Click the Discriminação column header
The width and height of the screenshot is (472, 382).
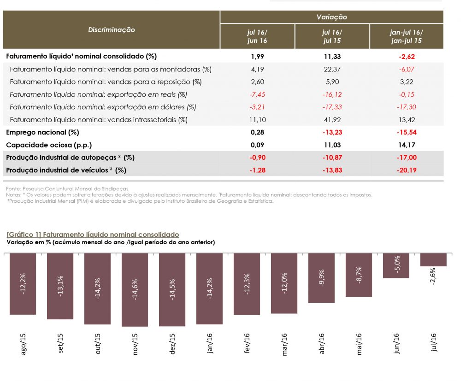pos(112,29)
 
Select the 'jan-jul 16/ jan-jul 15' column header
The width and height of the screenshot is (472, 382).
pos(406,36)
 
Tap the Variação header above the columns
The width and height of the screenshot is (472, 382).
pos(331,17)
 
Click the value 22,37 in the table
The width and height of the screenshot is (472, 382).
pos(331,69)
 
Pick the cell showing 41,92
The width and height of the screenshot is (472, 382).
pos(331,120)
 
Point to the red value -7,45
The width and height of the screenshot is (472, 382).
pos(257,94)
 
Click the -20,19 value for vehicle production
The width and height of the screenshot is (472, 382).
pos(406,170)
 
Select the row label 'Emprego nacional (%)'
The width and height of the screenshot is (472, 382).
pos(42,132)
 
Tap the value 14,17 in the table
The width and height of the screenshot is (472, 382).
pos(406,145)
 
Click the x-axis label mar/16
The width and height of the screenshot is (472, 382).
pos(284,344)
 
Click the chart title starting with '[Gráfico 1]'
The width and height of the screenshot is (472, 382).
pos(93,235)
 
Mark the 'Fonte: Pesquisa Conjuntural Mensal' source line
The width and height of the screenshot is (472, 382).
pos(67,189)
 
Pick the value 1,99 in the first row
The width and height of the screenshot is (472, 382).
pos(257,56)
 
